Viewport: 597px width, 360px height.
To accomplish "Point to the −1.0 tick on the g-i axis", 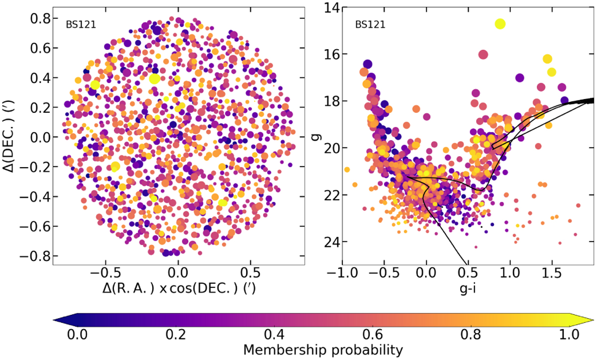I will pyautogui.click(x=339, y=274).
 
